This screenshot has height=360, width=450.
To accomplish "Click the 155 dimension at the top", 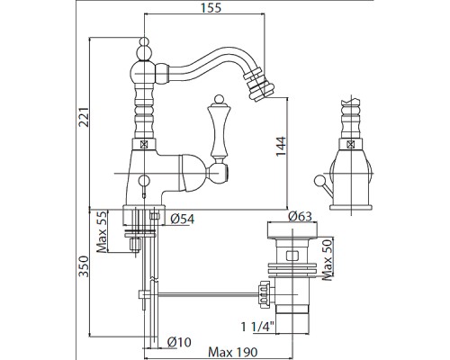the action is point(211,7).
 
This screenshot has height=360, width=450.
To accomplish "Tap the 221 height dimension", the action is point(84,116).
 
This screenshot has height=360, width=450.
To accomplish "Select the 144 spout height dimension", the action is point(281,147).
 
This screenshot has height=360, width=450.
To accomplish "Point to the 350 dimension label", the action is point(84,266).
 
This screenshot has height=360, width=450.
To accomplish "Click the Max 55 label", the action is point(102,231).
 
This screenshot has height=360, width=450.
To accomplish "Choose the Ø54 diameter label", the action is point(183,219).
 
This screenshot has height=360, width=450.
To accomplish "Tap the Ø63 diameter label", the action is point(300,216).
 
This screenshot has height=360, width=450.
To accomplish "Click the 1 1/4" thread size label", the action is point(257,327).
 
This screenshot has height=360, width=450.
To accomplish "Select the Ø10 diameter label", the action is point(179,342).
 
